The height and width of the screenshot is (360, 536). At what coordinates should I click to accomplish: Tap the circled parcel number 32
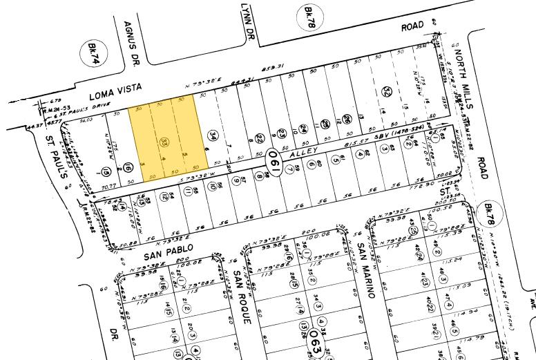387,91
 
